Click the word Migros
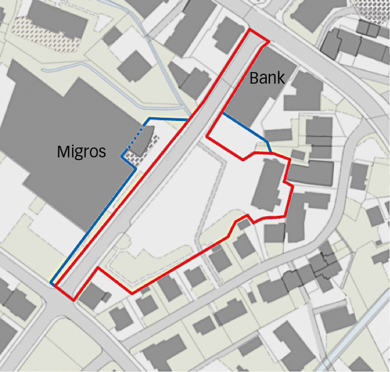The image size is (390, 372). [81, 152]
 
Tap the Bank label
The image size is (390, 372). [267, 78]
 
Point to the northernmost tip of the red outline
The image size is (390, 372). [250, 30]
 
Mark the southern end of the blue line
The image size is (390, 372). [52, 283]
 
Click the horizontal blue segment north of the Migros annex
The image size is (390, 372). [167, 119]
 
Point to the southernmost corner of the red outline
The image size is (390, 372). [73, 300]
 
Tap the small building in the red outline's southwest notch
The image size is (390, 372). [91, 295]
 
